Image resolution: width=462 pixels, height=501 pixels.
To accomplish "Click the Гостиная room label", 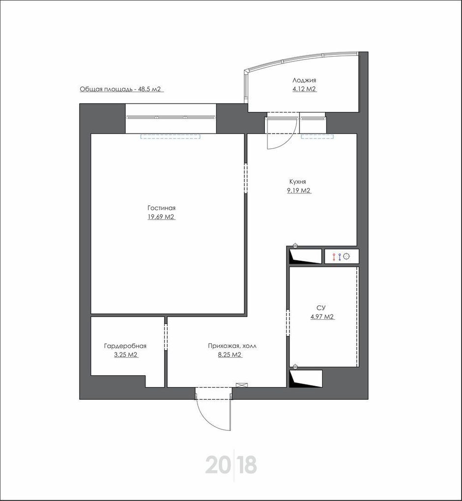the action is [162, 208].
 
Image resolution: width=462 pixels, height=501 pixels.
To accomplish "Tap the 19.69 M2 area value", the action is [161, 217].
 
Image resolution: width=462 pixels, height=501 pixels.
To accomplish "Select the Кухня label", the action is [298, 181].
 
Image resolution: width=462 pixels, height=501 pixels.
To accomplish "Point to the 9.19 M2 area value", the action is [299, 191].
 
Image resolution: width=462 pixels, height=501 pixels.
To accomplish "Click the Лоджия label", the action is [304, 80].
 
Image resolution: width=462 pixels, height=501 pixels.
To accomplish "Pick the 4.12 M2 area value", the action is [304, 89].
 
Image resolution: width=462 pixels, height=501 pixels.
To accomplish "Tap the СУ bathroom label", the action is [321, 307].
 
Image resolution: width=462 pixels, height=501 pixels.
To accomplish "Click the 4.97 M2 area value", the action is [322, 317].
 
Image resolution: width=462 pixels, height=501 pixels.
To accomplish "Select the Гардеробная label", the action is [125, 346].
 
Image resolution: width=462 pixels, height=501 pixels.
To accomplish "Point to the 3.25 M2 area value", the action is [126, 355].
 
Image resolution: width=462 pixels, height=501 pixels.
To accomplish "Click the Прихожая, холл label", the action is [232, 346].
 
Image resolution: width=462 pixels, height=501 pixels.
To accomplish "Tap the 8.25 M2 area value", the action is [230, 355].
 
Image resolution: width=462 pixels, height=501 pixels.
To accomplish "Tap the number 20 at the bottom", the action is [218, 465].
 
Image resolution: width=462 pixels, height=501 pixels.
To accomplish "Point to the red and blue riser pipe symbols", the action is [337, 256].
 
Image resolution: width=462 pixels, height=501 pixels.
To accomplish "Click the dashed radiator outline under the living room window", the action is [171, 137].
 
